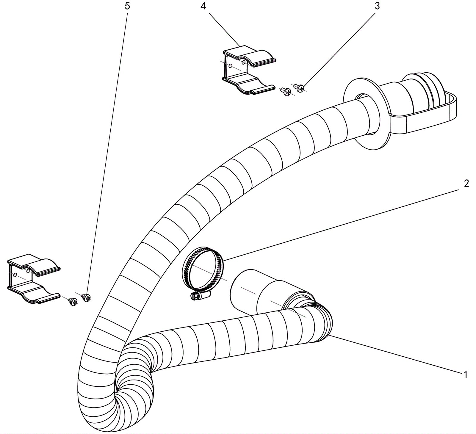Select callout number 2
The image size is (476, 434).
(466, 183)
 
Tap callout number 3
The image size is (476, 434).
(377, 6)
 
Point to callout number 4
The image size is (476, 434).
(203, 6)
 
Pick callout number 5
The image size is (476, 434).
(127, 6)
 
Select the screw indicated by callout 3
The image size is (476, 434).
(300, 87)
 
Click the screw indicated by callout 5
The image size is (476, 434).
(86, 297)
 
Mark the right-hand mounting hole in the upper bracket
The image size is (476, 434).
(243, 62)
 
